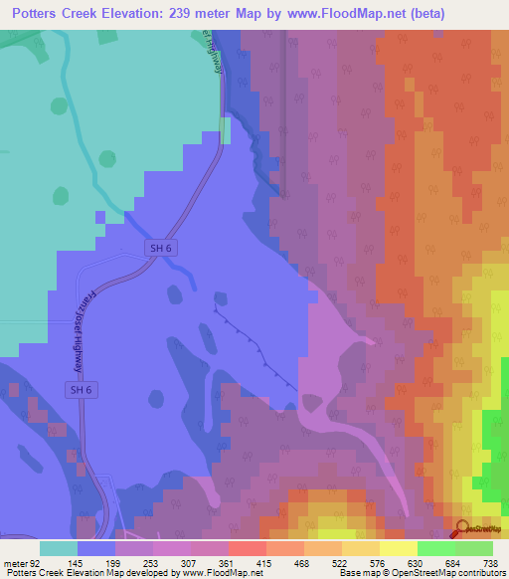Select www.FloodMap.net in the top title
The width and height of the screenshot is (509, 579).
pos(337,13)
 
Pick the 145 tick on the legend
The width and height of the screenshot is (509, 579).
pos(76,564)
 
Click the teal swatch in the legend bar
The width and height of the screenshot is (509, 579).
pos(58,548)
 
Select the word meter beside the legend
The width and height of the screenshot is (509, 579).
pos(14,564)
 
